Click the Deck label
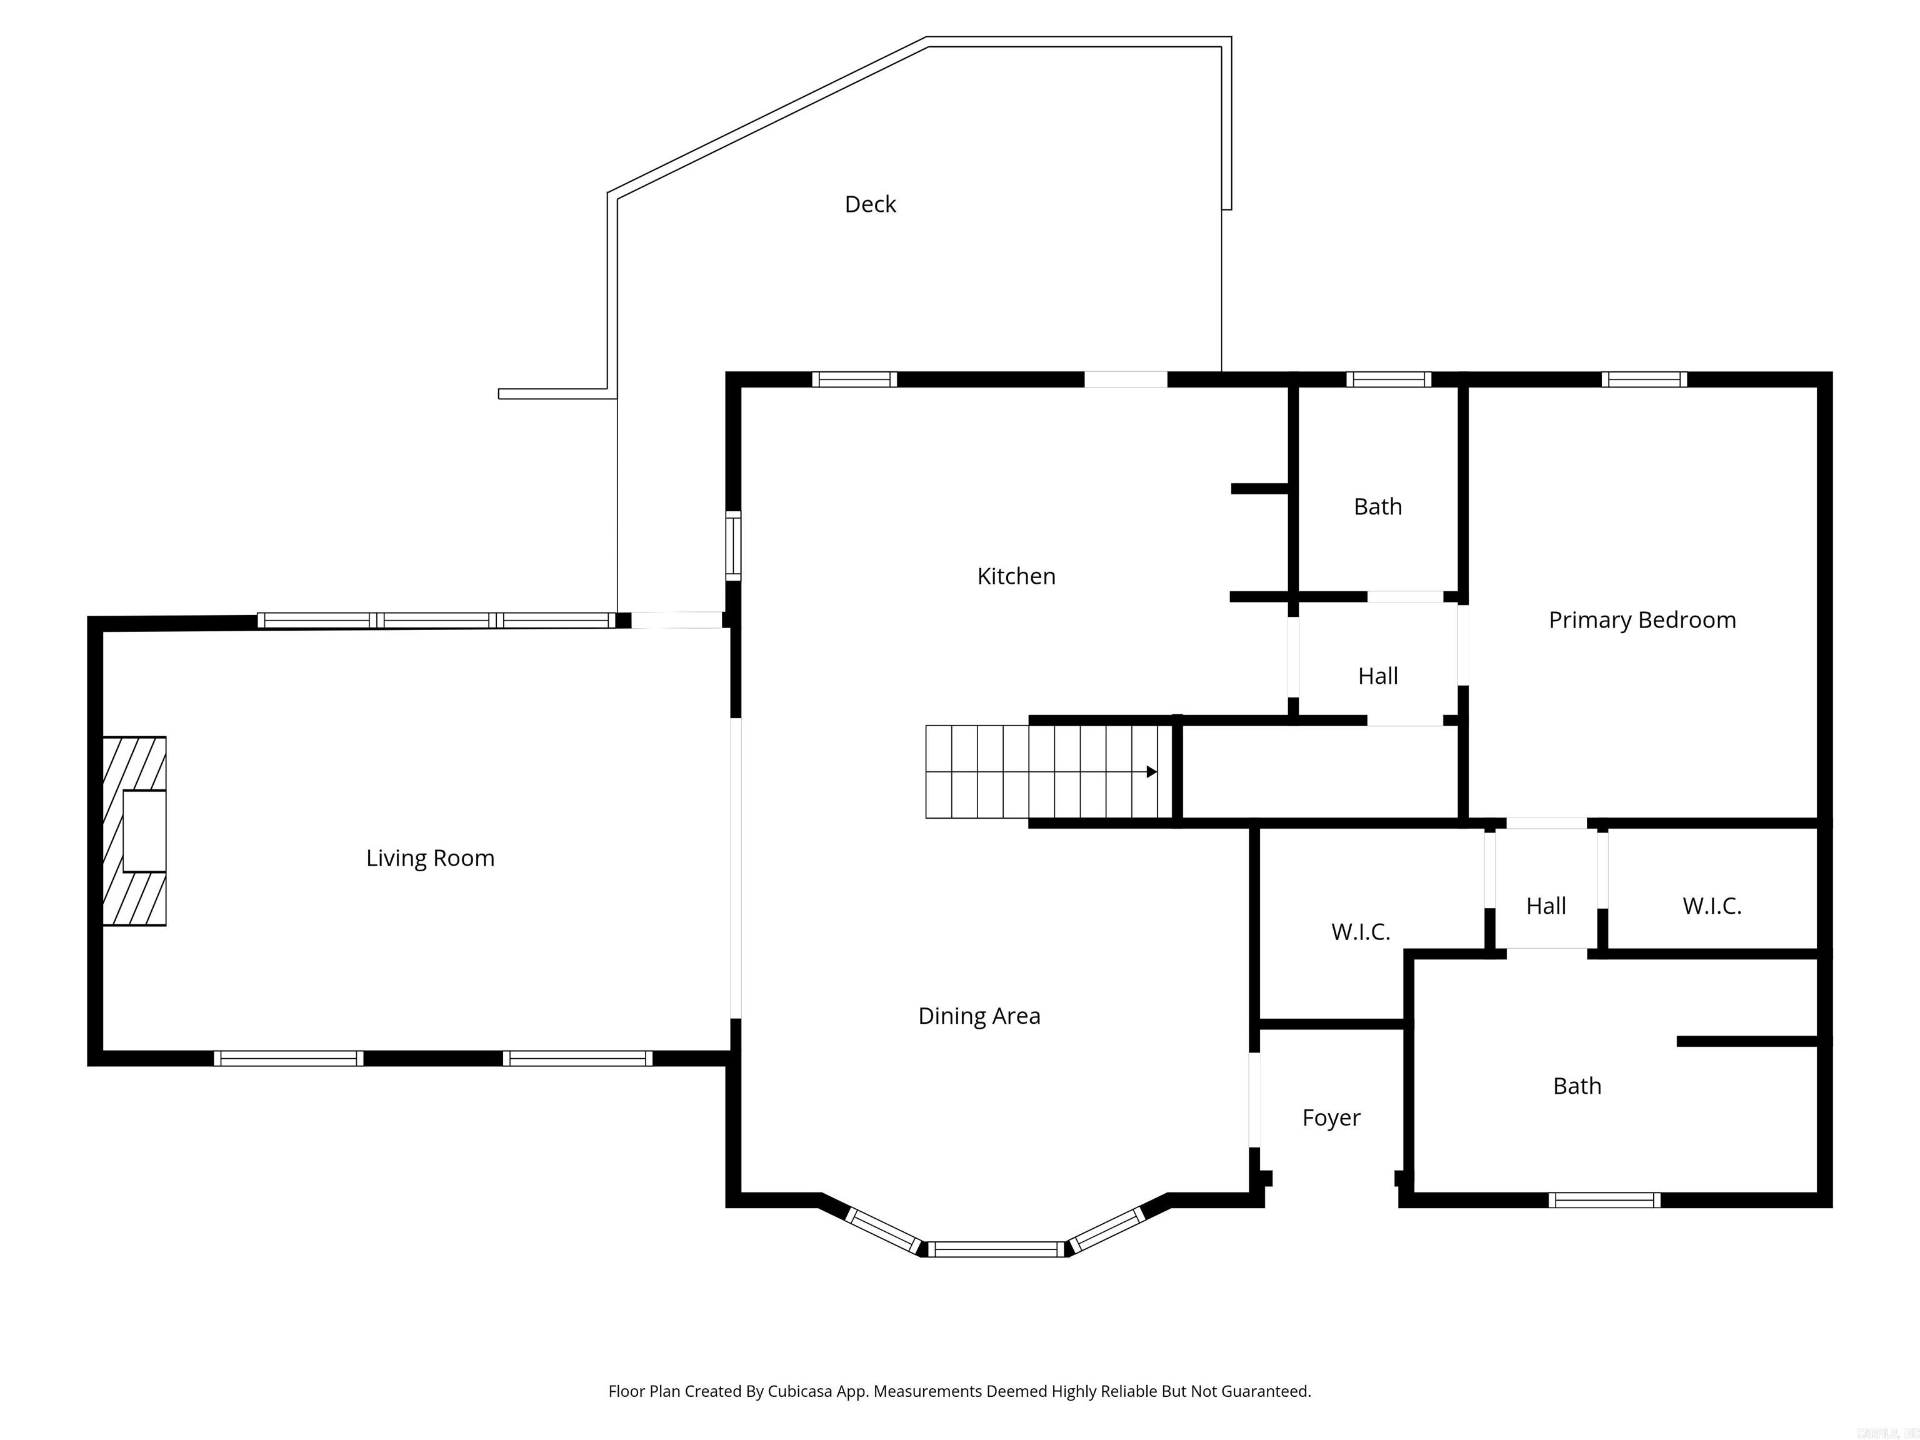point(870,204)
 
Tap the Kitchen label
point(1016,576)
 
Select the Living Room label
point(429,859)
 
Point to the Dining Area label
point(978,1016)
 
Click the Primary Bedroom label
point(1641,620)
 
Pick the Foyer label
point(1331,1118)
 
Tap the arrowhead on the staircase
point(1151,772)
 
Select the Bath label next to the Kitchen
point(1377,507)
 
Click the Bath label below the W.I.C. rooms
point(1576,1086)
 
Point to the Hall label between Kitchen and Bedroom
point(1377,676)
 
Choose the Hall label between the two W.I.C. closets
point(1546,906)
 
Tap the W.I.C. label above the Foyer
point(1360,932)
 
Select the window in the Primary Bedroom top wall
point(1644,379)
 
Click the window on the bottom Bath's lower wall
point(1604,1201)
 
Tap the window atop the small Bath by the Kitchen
point(1388,379)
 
